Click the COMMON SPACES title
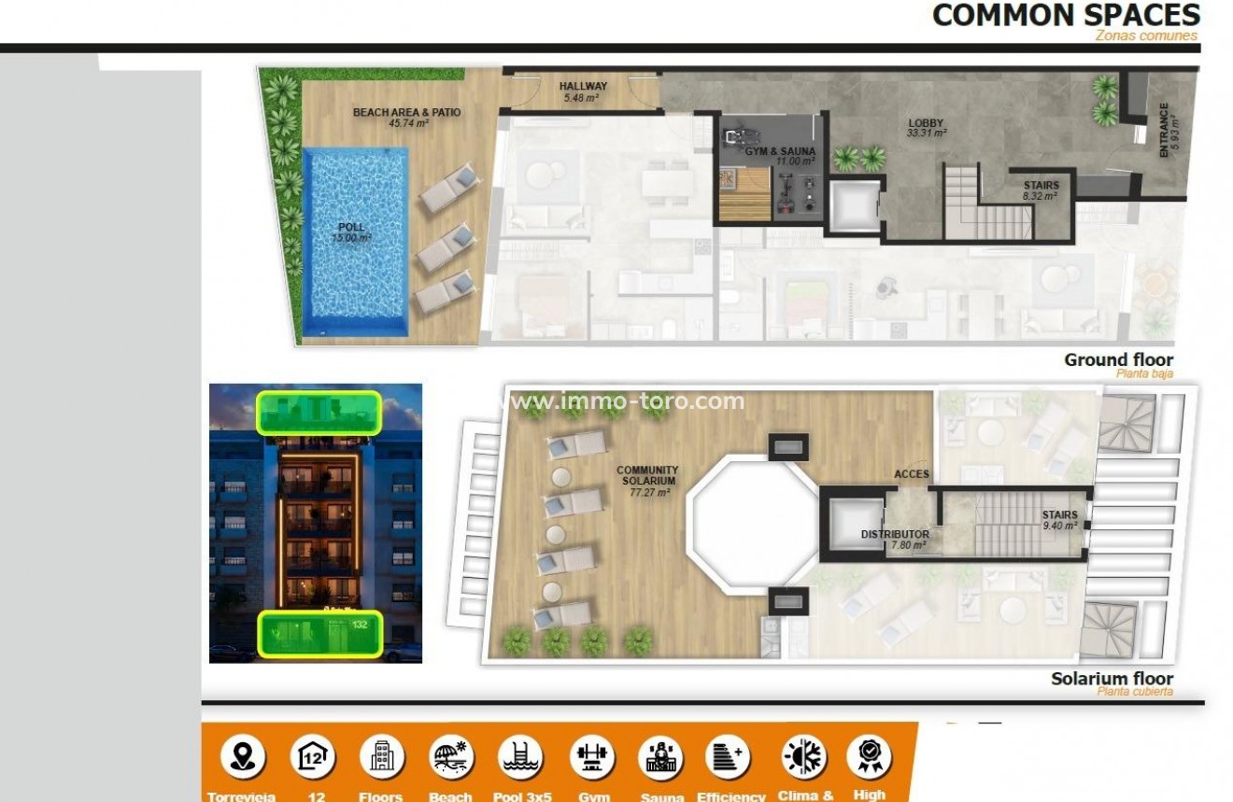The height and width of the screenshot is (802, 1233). coord(1066,15)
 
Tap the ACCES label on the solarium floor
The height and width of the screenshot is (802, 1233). coord(911,474)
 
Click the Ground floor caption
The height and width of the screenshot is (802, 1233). coord(1118,360)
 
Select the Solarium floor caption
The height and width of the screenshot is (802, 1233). coord(1112,679)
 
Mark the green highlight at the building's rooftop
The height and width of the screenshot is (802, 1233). coord(319,412)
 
